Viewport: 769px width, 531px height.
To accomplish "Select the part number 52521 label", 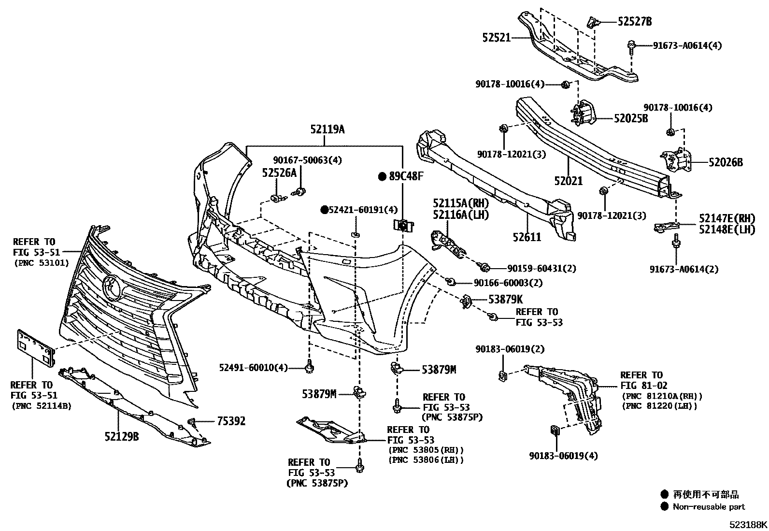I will coord(496,37).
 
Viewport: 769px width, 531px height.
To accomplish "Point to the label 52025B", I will coord(631,118).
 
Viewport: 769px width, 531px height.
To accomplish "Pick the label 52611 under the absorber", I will coord(527,237).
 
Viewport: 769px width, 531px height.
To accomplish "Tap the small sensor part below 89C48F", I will coord(402,225).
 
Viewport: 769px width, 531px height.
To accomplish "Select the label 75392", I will coord(231,421).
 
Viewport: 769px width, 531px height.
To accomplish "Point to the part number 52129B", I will coord(122,437).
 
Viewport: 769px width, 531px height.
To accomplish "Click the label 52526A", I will coord(279,172).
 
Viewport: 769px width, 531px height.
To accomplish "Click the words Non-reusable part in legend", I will coord(709,507).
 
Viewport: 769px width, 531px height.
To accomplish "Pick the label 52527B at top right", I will coord(635,21).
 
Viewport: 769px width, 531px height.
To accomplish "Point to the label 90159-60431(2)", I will coord(541,268).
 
